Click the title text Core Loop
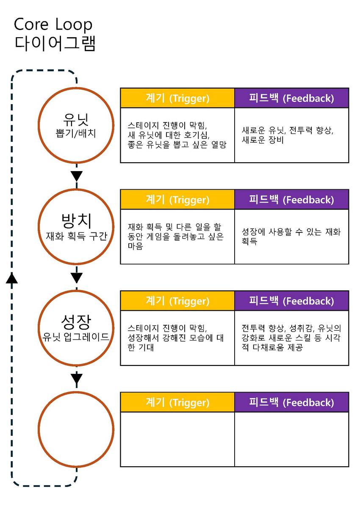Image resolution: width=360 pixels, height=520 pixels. click(x=53, y=25)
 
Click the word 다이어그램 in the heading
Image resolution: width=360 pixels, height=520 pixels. click(x=55, y=44)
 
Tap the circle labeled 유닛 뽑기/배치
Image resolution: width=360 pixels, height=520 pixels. click(x=76, y=125)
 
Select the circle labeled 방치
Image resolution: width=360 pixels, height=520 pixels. click(x=76, y=227)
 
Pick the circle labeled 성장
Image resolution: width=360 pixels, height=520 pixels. click(x=76, y=328)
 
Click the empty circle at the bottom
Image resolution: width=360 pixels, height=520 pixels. click(x=76, y=429)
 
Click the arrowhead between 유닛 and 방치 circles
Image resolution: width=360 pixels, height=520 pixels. click(x=76, y=176)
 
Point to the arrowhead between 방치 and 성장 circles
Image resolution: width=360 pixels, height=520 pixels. click(x=76, y=278)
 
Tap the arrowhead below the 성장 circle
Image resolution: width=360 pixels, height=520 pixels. click(x=76, y=379)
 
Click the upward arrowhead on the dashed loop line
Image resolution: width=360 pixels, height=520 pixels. click(x=12, y=277)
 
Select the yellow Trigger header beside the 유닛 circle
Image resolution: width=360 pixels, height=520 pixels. click(x=177, y=98)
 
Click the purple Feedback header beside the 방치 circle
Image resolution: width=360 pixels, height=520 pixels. click(x=291, y=199)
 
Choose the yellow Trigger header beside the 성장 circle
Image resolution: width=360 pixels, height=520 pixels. click(x=177, y=301)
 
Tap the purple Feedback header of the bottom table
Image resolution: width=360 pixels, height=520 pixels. click(x=291, y=402)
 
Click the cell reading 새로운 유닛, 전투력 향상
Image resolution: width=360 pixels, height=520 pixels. click(x=291, y=135)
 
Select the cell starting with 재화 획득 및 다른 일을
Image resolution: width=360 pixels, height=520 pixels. click(x=177, y=236)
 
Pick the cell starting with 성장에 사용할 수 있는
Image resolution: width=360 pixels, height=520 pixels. click(x=291, y=236)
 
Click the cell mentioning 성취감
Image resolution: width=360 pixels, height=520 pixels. click(x=291, y=338)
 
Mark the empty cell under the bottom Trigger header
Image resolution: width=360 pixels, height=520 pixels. click(x=177, y=439)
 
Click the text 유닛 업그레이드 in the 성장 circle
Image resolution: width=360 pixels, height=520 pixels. click(x=76, y=337)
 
